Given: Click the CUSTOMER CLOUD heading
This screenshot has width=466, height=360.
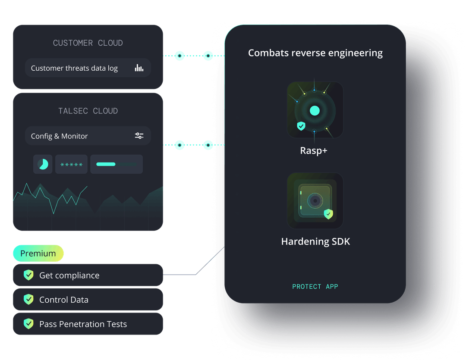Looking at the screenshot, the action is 88,43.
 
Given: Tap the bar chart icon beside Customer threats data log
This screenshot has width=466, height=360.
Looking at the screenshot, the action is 139,68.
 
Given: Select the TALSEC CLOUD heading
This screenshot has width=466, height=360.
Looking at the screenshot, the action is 88,111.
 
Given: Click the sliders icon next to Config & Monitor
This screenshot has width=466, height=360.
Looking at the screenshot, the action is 139,136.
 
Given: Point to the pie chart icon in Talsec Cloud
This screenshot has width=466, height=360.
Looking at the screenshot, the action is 43,164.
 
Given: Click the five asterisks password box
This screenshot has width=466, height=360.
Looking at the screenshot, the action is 71,164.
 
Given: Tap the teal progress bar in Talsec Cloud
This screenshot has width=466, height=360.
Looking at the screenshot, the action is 106,164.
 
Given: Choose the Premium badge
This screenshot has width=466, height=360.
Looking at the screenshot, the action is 38,254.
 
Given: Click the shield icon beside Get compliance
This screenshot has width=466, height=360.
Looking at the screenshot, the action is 28,275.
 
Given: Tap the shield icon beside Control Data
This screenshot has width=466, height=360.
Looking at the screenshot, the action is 28,299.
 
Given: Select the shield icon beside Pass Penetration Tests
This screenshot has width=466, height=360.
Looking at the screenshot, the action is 28,324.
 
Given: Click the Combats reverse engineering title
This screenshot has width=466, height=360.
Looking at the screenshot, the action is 315,53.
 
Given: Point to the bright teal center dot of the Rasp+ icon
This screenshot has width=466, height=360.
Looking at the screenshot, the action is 315,111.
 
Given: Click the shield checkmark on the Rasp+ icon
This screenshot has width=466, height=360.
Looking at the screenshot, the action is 301,126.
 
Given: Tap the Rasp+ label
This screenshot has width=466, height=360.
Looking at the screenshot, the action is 314,150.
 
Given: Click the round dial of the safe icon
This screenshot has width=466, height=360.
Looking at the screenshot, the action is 315,201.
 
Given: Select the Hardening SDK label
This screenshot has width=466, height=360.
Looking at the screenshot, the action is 315,241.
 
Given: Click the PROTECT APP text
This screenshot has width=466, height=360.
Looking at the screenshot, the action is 315,287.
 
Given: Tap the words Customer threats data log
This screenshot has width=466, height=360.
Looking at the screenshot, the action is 74,68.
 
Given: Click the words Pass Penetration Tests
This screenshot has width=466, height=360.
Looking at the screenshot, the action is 83,324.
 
